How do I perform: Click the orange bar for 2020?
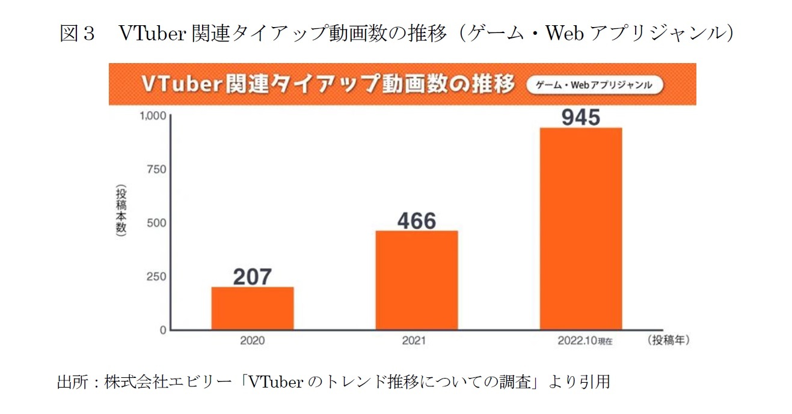tap(253, 308)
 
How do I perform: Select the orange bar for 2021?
tap(417, 280)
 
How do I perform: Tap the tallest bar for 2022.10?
tap(580, 228)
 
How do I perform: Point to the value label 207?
tap(253, 276)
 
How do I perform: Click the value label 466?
tap(417, 221)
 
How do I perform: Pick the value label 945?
tap(580, 117)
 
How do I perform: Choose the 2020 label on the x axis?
tap(253, 341)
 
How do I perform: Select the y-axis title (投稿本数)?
tap(121, 212)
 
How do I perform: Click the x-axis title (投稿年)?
tap(669, 340)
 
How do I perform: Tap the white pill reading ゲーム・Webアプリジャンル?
tap(594, 85)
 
